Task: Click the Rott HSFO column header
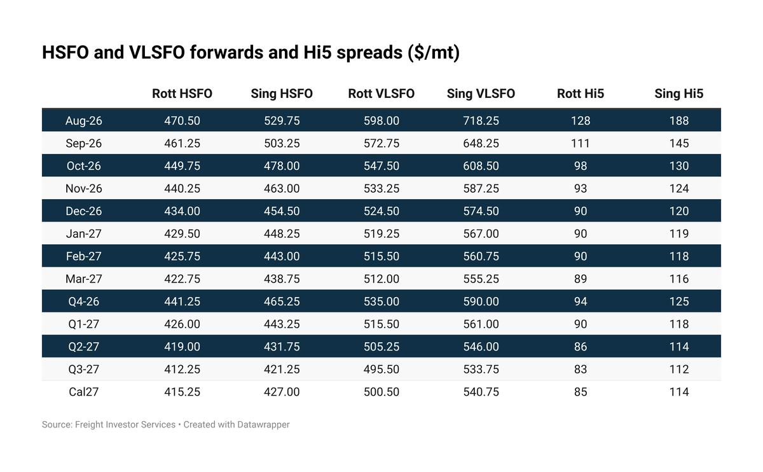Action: pyautogui.click(x=182, y=94)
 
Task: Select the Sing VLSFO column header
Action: pyautogui.click(x=481, y=94)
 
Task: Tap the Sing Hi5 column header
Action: pyautogui.click(x=679, y=94)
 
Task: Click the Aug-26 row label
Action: pyautogui.click(x=83, y=121)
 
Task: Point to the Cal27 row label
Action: pyautogui.click(x=83, y=392)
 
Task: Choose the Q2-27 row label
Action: pyautogui.click(x=83, y=347)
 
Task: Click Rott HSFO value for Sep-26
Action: pyautogui.click(x=182, y=143)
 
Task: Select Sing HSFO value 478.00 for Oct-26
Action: pyautogui.click(x=282, y=165)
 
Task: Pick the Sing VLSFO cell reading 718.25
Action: pyautogui.click(x=481, y=121)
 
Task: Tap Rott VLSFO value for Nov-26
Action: pyautogui.click(x=381, y=188)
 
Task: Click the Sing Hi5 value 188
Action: pyautogui.click(x=679, y=121)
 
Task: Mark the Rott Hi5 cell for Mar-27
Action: pyautogui.click(x=581, y=279)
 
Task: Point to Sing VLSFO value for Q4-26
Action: pyautogui.click(x=481, y=302)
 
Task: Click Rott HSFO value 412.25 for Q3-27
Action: pyautogui.click(x=182, y=369)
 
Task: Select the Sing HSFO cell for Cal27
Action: pyautogui.click(x=282, y=392)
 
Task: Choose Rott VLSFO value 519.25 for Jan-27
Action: pyautogui.click(x=381, y=233)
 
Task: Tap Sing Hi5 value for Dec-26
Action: pyautogui.click(x=679, y=211)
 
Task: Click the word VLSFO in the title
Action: pyautogui.click(x=157, y=53)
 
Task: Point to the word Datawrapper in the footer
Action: pyautogui.click(x=263, y=425)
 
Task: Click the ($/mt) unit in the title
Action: pyautogui.click(x=434, y=53)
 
